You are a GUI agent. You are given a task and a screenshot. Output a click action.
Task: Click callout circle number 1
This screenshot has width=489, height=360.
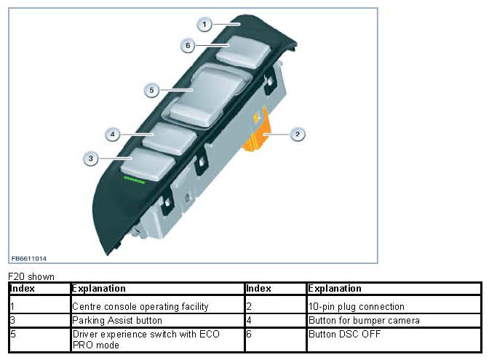coord(204,25)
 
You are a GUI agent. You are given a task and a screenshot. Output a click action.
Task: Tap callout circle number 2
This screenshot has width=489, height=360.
coord(297,134)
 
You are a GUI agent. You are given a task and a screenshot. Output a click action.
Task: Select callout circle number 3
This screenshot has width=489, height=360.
coord(90,157)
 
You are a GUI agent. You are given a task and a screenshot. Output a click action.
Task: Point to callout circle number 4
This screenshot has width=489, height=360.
coord(112,135)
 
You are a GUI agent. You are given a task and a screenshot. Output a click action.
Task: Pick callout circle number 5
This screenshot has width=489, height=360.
coord(151,91)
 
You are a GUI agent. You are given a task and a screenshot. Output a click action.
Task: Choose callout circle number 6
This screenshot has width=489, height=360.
coord(188,45)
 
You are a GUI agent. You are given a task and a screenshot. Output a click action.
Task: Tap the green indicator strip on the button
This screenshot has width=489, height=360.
coord(135,178)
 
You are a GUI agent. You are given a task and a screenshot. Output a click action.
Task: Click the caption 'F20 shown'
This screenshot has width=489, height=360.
coord(31,277)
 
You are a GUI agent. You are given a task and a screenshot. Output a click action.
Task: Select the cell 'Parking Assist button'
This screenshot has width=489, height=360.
coord(116,320)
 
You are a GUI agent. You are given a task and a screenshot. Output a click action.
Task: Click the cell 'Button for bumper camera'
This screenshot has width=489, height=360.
coord(364,320)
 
